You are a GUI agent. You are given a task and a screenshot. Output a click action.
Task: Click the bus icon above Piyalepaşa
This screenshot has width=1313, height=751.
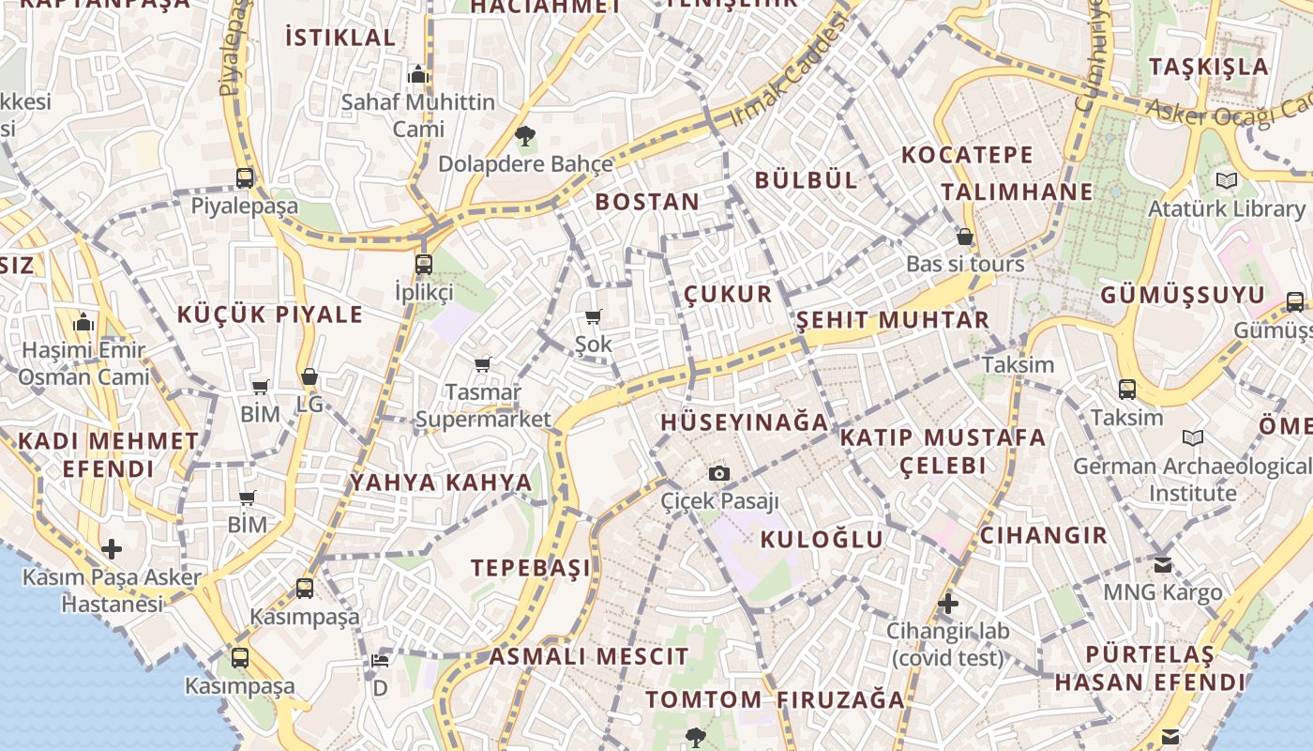[x=245, y=177]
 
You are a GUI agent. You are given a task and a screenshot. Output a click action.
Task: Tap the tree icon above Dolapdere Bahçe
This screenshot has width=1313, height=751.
[x=525, y=135]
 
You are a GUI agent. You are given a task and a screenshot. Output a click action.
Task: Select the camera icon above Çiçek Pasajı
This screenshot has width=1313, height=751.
[x=719, y=473]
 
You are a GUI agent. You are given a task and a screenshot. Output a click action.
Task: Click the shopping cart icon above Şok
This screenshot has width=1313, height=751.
[x=593, y=316]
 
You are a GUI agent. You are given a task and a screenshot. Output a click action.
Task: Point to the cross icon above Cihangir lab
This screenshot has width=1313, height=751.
[x=948, y=603]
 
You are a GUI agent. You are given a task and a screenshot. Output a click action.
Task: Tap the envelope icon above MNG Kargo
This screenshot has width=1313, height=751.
[x=1163, y=564]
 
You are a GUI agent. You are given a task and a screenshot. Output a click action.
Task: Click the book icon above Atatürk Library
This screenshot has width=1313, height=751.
[x=1226, y=180]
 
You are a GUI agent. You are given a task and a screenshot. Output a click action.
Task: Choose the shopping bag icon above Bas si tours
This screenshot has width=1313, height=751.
[x=964, y=237]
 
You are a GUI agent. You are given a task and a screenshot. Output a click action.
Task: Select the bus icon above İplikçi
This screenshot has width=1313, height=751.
[x=424, y=264]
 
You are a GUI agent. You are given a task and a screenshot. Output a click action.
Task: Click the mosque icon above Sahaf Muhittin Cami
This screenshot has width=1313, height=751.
[x=418, y=74]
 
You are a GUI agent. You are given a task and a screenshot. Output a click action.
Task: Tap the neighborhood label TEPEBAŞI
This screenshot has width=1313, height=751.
[x=532, y=568]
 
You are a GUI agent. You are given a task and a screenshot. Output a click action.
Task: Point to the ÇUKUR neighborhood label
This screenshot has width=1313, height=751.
[x=728, y=294]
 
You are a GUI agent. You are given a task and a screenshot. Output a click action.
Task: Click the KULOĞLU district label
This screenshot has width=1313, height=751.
[x=822, y=539]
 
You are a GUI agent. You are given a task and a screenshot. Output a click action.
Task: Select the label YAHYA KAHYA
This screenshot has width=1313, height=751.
[x=441, y=483]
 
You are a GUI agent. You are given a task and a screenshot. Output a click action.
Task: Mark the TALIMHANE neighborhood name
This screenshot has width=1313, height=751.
[x=1018, y=192]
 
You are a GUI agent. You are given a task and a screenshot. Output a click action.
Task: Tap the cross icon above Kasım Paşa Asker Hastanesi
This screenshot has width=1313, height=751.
[x=112, y=548]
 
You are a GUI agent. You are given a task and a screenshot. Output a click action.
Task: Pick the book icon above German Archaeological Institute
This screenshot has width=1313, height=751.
[x=1193, y=437]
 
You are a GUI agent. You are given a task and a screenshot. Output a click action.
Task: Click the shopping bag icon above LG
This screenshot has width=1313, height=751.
[x=309, y=377]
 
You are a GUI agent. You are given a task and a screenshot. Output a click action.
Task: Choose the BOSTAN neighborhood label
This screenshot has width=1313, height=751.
[x=647, y=202]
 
